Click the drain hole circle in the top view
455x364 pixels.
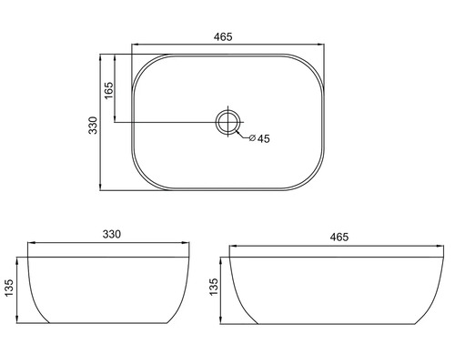(x=227, y=122)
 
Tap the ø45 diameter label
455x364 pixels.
(x=258, y=139)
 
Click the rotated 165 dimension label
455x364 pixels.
(x=108, y=91)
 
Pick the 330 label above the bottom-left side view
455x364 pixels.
(x=111, y=235)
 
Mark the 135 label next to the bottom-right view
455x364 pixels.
(x=213, y=288)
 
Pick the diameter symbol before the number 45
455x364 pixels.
(x=250, y=139)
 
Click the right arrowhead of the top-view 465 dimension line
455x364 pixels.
(x=323, y=44)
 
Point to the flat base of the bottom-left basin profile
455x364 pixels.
(x=109, y=323)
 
